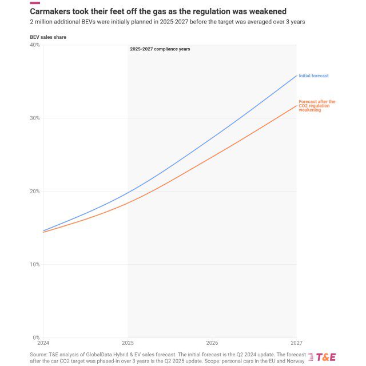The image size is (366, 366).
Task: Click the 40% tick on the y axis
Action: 34,45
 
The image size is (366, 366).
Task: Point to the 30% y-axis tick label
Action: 34,118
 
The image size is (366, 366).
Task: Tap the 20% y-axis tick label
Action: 34,191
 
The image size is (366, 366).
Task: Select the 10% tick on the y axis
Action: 34,264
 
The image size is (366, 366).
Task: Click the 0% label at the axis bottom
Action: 36,337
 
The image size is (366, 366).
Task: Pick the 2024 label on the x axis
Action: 43,343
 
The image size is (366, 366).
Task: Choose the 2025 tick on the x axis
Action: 128,343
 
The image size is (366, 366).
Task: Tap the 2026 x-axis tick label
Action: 212,343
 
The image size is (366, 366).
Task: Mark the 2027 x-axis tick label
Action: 296,343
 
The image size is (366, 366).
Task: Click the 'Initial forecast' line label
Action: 313,75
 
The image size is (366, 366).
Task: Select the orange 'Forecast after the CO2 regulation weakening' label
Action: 317,106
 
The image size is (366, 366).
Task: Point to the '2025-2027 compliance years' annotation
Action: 160,49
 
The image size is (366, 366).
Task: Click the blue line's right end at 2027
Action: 297,75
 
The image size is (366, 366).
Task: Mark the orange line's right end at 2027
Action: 297,105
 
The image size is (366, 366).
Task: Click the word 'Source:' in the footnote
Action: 41,355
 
